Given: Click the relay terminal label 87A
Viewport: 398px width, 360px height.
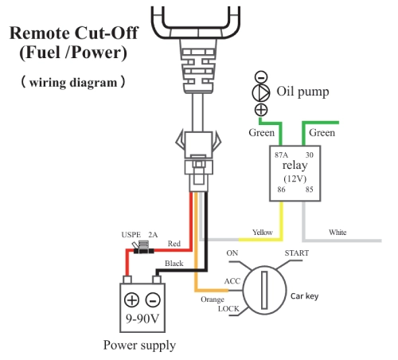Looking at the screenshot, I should pos(281,155).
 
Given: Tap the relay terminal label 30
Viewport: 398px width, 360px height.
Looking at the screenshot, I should pos(310,155).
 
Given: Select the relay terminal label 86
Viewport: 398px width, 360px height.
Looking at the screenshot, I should pos(280,190).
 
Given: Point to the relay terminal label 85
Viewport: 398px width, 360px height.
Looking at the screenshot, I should pos(310,190).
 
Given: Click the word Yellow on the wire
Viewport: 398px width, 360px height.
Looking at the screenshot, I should pos(262,233).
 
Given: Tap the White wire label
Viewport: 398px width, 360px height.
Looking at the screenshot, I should pos(338,233).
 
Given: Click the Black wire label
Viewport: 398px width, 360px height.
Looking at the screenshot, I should pos(174,262).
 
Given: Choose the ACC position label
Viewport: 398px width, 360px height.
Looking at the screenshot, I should pos(232,280).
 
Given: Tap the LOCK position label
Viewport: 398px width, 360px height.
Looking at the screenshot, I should pos(229,307).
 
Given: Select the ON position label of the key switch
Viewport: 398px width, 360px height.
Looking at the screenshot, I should pos(232,252).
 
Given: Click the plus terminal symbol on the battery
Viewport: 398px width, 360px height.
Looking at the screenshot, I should pos(132,300).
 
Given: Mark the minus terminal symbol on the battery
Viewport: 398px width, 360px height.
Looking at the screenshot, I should pos(152,300).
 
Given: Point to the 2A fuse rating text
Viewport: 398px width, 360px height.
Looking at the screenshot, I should pos(153,235).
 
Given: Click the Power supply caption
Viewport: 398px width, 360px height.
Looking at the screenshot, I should pos(139,345).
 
